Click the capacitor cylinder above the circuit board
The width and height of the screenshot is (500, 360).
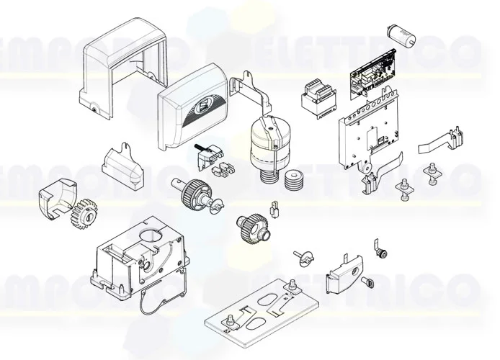(397, 32)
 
